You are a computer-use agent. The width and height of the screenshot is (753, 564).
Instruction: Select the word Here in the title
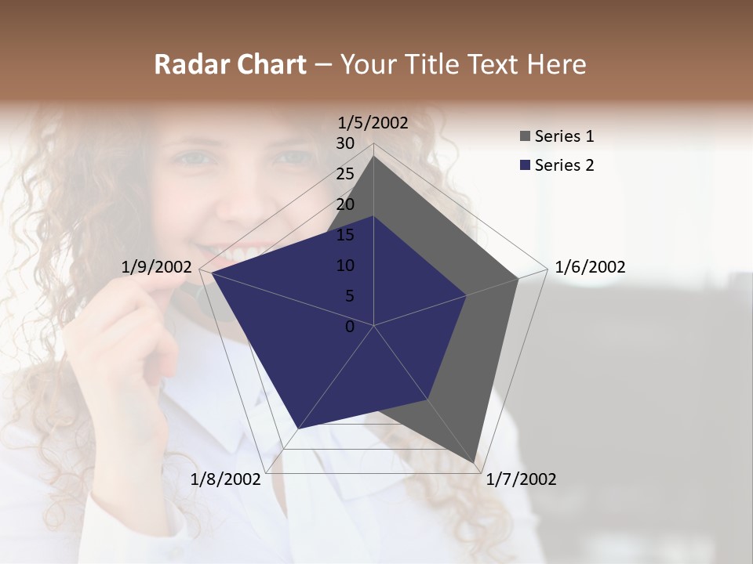point(556,64)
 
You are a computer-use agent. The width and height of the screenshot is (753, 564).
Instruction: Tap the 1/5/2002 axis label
point(373,122)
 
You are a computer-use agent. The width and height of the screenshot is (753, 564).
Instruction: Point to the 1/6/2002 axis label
point(590,267)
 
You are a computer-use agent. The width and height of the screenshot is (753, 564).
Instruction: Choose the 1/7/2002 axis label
point(521,479)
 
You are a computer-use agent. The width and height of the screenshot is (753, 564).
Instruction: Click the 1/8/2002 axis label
point(225,479)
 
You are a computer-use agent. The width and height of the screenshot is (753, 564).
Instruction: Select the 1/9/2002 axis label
point(156,267)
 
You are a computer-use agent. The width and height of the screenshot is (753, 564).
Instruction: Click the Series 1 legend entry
point(564,136)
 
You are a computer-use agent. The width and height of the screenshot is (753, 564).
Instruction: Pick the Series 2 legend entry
point(564,165)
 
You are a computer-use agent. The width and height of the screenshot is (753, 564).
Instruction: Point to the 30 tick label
point(345,143)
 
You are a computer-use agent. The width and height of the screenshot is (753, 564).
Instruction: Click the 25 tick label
point(345,174)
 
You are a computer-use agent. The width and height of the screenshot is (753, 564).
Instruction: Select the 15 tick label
point(345,235)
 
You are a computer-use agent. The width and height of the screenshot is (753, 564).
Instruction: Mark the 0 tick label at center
point(350,327)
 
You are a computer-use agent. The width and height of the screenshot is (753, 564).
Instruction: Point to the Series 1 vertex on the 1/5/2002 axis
point(373,156)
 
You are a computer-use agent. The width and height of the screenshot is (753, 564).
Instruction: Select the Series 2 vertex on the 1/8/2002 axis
point(298,428)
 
